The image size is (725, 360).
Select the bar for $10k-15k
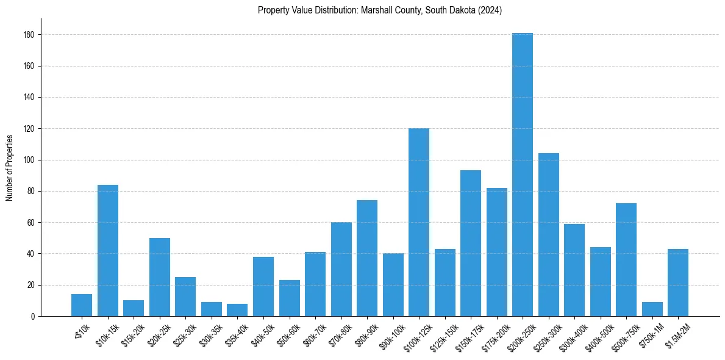[107, 250]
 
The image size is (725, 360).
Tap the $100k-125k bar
[418, 222]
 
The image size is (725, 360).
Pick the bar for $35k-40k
[237, 310]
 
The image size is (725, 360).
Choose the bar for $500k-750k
[626, 259]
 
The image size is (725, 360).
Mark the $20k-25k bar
[159, 277]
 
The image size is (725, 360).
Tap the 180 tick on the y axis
[29, 35]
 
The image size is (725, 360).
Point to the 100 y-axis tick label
[29, 160]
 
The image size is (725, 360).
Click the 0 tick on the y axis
[32, 316]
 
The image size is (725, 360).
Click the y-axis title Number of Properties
[9, 167]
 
